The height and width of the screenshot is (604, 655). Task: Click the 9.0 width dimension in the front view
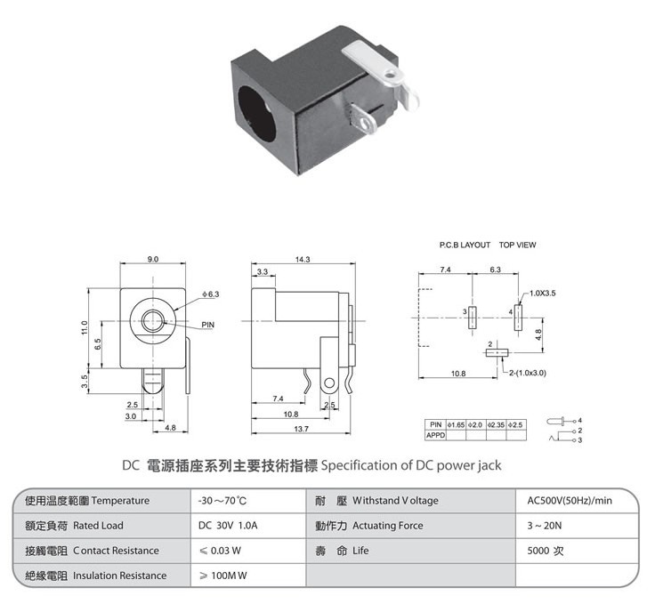click(153, 259)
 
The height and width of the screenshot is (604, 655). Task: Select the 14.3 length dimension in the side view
click(303, 259)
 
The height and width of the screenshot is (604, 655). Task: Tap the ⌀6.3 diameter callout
click(211, 294)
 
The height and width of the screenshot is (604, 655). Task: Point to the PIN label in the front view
click(207, 325)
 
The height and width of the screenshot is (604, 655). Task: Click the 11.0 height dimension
click(85, 327)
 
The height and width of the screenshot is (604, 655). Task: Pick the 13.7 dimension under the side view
click(301, 429)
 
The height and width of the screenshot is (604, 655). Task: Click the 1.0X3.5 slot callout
click(543, 293)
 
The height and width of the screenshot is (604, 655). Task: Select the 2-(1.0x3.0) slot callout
click(528, 373)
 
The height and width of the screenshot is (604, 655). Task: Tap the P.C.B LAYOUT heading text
click(465, 245)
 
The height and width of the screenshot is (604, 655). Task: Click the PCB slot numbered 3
click(473, 318)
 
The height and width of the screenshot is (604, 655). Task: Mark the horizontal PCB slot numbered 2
click(497, 353)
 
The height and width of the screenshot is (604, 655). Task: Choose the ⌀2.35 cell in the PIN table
click(497, 425)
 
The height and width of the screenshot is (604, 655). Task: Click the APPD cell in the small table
click(436, 435)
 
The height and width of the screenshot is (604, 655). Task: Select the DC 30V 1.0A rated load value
click(228, 526)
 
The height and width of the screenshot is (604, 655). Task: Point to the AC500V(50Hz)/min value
click(570, 501)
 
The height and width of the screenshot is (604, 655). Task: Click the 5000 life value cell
click(546, 551)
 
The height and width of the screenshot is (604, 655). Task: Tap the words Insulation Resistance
click(119, 576)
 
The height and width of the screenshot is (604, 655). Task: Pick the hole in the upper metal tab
click(390, 75)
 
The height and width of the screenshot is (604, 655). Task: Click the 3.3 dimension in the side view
click(263, 271)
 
